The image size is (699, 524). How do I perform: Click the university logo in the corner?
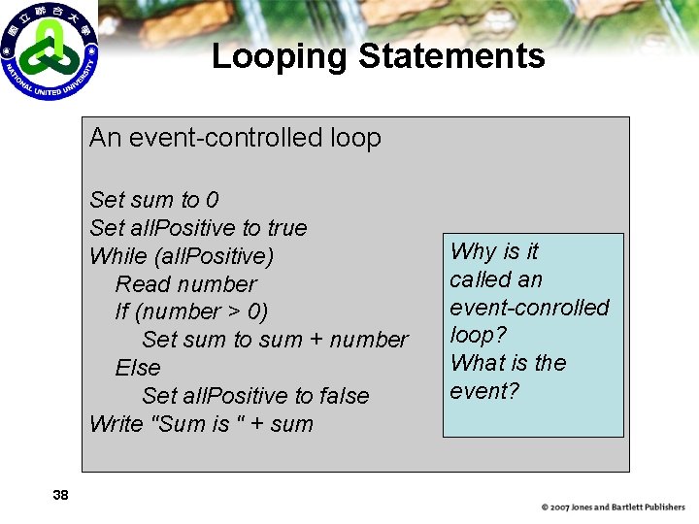pyautogui.click(x=50, y=51)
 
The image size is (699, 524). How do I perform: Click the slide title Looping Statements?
pyautogui.click(x=378, y=56)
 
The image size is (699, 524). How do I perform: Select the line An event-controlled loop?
pyautogui.click(x=235, y=138)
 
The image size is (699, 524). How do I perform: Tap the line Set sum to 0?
pyautogui.click(x=153, y=200)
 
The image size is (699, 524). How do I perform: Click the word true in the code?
pyautogui.click(x=286, y=228)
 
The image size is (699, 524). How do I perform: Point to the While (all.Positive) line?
pyautogui.click(x=182, y=256)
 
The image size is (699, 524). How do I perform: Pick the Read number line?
pyautogui.click(x=185, y=284)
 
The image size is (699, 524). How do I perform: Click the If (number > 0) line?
pyautogui.click(x=191, y=311)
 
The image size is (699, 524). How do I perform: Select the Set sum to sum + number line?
pyautogui.click(x=275, y=340)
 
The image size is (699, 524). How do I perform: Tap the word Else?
pyautogui.click(x=138, y=368)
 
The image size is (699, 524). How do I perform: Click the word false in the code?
pyautogui.click(x=341, y=396)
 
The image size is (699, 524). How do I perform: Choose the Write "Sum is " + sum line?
pyautogui.click(x=201, y=424)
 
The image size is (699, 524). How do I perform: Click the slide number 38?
pyautogui.click(x=60, y=495)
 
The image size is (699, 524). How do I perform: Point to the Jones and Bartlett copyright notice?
pyautogui.click(x=613, y=507)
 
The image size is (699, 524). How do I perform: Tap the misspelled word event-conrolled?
pyautogui.click(x=529, y=308)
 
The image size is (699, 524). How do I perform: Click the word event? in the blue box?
pyautogui.click(x=484, y=391)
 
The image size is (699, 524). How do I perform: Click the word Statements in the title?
pyautogui.click(x=451, y=56)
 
